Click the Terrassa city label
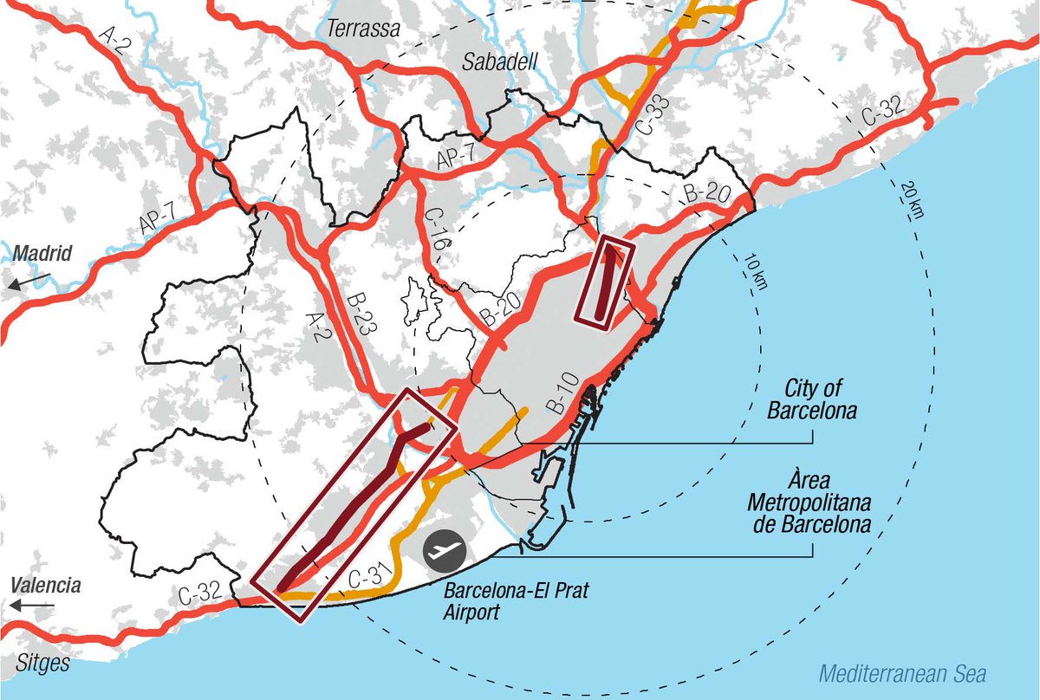(x=363, y=29)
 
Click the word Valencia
(x=46, y=585)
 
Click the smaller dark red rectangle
(x=606, y=282)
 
